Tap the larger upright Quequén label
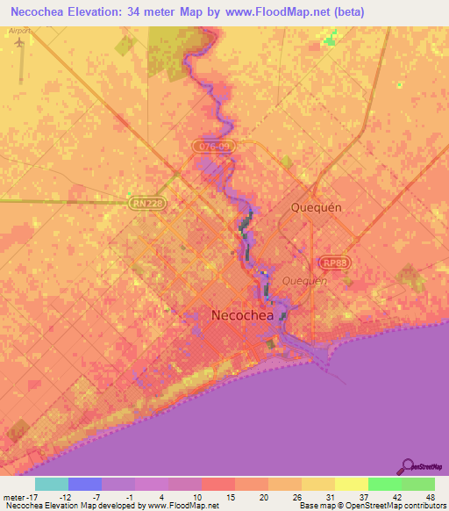315,207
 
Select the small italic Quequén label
304,281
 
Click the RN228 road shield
149,202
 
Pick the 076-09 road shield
213,147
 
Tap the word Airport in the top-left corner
18,30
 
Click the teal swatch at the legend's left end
52,484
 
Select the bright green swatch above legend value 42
384,484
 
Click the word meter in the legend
12,496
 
